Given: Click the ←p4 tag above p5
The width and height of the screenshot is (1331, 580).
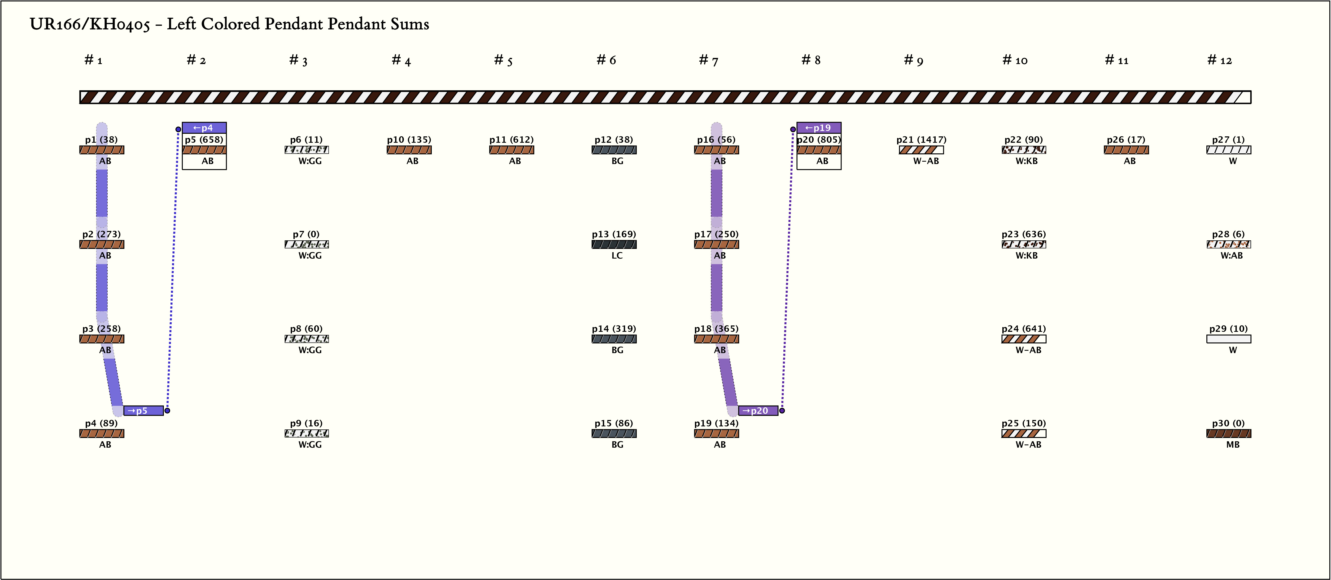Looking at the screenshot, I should (204, 128).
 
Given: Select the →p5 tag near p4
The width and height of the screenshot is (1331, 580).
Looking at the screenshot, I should (143, 411).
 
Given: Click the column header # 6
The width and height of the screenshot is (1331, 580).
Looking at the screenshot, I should (606, 61).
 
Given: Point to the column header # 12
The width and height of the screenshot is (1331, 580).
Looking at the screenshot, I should (1219, 61).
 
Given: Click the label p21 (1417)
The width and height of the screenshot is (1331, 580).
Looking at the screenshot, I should (921, 139).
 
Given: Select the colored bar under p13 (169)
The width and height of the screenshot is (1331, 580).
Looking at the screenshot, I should (614, 244).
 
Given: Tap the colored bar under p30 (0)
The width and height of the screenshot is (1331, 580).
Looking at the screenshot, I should (1229, 433).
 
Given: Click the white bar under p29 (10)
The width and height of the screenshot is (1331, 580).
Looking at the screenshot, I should (1229, 339).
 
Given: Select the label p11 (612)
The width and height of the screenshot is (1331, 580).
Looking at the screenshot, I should (511, 139).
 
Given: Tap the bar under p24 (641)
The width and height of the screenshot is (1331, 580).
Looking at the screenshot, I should (1024, 339).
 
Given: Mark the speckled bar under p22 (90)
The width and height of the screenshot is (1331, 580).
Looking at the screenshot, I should (1024, 150).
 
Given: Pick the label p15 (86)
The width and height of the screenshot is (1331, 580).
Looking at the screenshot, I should (613, 423).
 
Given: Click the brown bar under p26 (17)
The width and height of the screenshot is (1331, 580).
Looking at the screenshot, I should (1126, 150).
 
